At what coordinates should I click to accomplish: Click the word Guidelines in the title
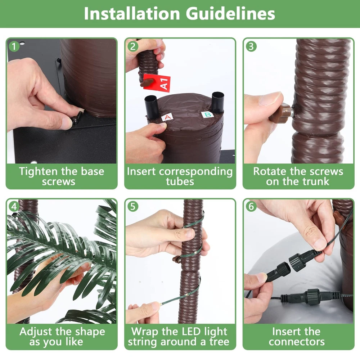[230, 14]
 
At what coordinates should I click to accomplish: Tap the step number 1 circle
[14, 46]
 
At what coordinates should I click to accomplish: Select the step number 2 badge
[133, 46]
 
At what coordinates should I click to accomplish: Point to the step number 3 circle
[251, 46]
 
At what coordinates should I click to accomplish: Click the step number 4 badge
[14, 206]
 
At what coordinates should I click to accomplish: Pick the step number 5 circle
[133, 206]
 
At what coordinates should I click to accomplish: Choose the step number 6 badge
[251, 206]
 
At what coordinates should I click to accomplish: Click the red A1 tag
[157, 83]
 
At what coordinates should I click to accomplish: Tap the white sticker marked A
[167, 117]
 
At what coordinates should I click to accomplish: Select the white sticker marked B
[208, 114]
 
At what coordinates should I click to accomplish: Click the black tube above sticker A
[152, 107]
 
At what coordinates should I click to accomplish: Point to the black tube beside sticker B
[217, 102]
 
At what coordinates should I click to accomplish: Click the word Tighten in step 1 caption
[39, 171]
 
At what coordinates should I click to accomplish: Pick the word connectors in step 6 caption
[297, 342]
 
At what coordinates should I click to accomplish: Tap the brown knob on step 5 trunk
[176, 260]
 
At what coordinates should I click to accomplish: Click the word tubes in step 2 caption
[180, 181]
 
